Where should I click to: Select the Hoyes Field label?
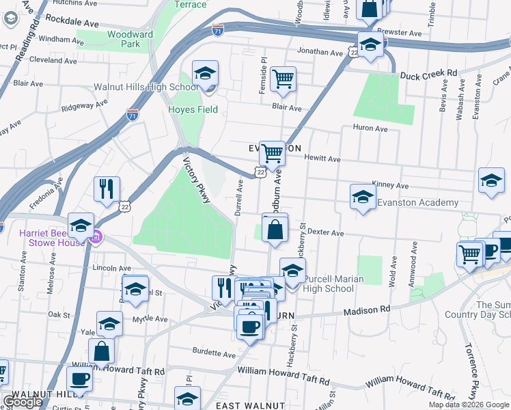(x=193, y=109)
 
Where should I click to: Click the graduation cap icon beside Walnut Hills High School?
(x=204, y=75)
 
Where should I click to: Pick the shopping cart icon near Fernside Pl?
(x=283, y=78)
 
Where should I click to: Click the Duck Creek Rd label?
(x=428, y=73)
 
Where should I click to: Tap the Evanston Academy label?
(x=417, y=203)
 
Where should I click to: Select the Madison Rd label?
(x=366, y=310)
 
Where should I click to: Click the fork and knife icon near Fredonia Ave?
(x=107, y=189)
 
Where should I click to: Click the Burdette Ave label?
(x=215, y=354)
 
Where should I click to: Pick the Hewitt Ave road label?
(x=322, y=159)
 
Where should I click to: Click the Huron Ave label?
(x=370, y=128)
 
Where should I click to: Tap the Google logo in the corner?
(x=23, y=402)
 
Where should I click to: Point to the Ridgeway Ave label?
(x=85, y=107)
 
